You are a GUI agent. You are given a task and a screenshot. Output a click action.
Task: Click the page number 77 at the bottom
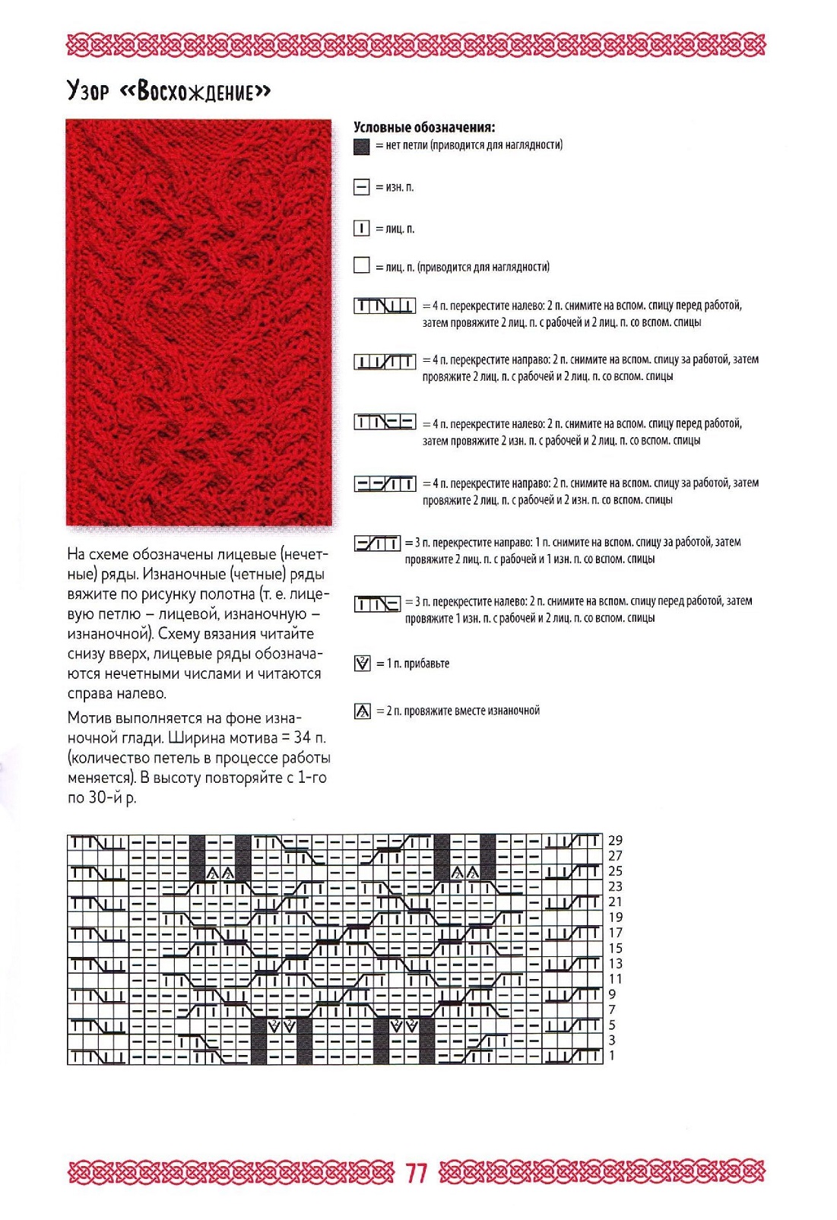pos(417,1173)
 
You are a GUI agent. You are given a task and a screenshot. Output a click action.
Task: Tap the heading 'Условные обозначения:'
pos(424,128)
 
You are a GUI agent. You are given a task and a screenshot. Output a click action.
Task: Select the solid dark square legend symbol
pos(362,147)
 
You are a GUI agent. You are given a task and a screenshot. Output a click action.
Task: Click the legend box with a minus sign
pos(362,187)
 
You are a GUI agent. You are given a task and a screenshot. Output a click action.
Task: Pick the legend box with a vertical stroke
pos(362,228)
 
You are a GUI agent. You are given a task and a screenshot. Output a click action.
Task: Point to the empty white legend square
pos(362,265)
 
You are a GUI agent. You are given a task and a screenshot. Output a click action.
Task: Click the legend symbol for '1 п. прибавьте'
pos(363,664)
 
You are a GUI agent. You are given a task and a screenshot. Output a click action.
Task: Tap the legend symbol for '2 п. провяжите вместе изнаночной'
pos(363,711)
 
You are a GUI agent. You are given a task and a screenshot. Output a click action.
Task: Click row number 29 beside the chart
pos(615,841)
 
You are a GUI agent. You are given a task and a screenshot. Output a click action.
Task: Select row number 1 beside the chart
pos(612,1056)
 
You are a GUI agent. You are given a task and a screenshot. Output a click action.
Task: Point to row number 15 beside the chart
pos(615,948)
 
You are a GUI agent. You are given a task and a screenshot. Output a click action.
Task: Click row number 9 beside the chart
pos(612,994)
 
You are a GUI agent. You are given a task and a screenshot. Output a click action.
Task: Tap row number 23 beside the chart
pos(615,886)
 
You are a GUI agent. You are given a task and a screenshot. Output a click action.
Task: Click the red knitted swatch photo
pos(199,322)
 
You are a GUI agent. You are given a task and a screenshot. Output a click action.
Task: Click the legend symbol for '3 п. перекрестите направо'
pos(377,543)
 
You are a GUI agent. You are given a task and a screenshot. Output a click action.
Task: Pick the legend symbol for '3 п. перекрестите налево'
pos(377,604)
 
